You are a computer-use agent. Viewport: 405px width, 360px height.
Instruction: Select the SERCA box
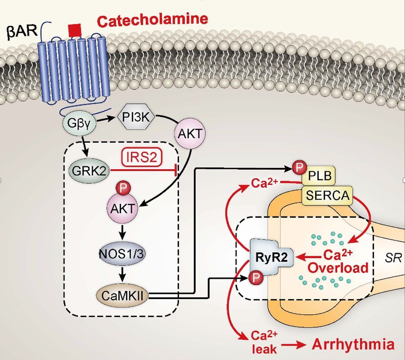pyautogui.click(x=328, y=196)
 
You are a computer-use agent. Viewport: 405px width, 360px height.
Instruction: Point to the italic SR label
pyautogui.click(x=392, y=259)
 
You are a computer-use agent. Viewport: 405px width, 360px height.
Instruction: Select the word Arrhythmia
pyautogui.click(x=353, y=345)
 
